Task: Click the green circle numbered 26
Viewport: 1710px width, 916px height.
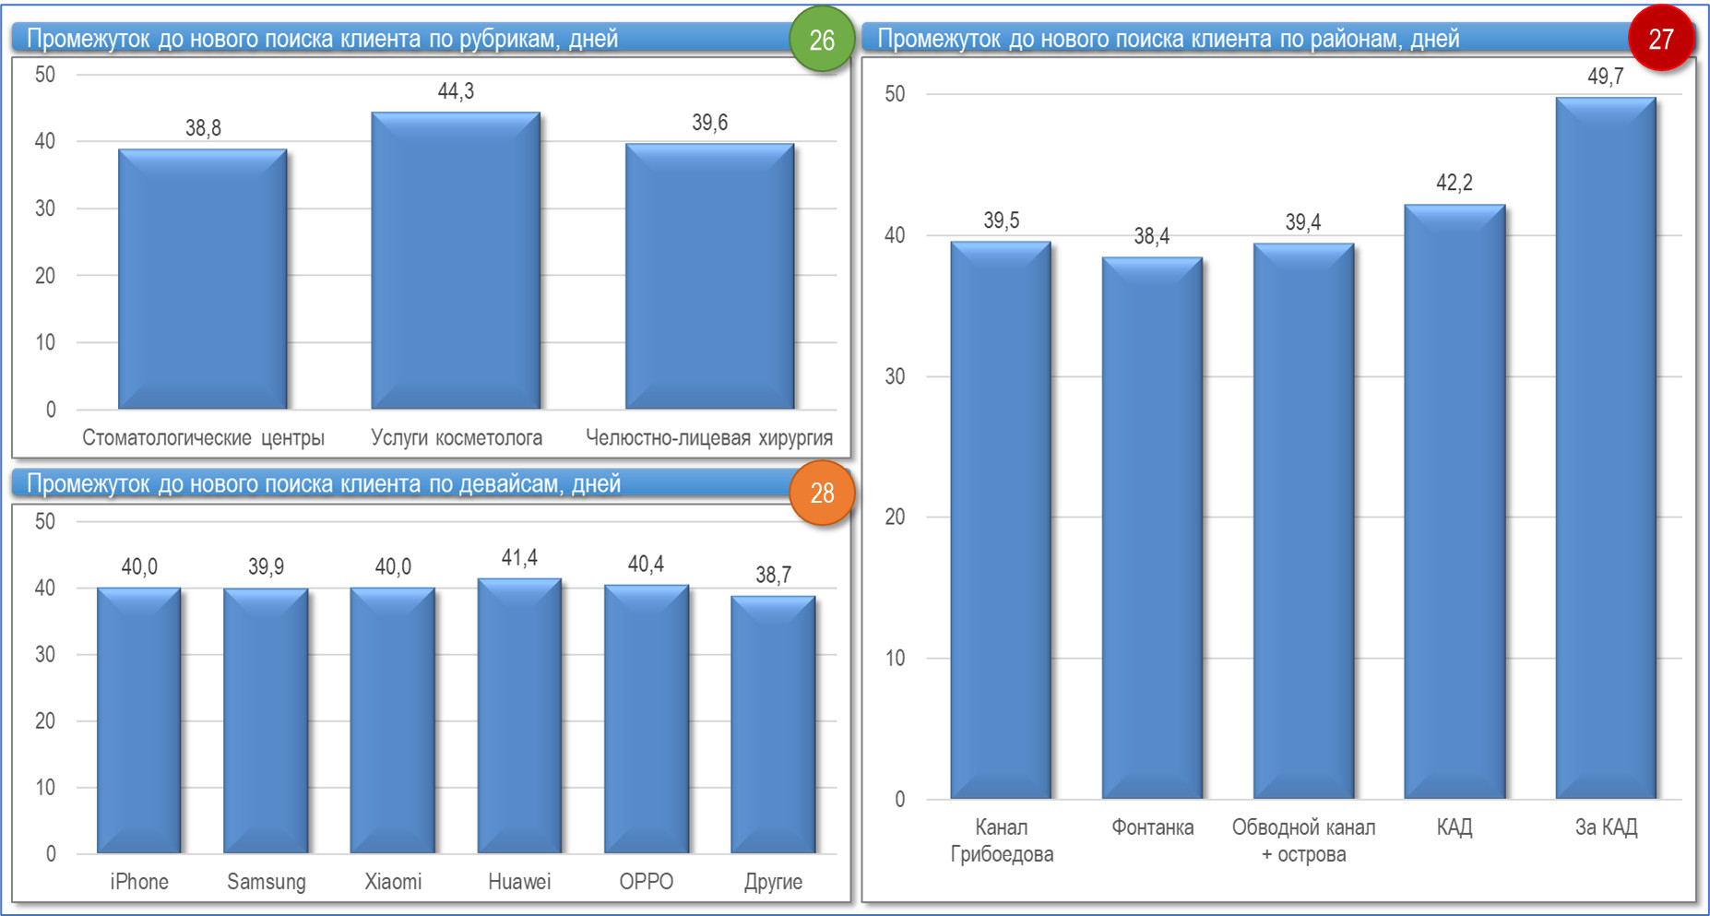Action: pyautogui.click(x=821, y=40)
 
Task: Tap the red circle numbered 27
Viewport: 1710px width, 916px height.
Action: pyautogui.click(x=1660, y=39)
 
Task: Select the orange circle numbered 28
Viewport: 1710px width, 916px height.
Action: pyautogui.click(x=822, y=493)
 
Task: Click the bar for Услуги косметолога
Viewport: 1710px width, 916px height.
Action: pyautogui.click(x=456, y=263)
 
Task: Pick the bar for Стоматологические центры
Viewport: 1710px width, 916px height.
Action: pyautogui.click(x=203, y=281)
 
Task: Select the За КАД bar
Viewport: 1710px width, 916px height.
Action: pyautogui.click(x=1606, y=452)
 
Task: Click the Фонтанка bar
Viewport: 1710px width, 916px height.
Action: pyautogui.click(x=1152, y=530)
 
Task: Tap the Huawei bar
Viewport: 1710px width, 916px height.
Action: pyautogui.click(x=519, y=718)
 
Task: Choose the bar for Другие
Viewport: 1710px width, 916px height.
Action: pyautogui.click(x=773, y=726)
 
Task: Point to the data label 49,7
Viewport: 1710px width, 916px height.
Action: pyautogui.click(x=1605, y=77)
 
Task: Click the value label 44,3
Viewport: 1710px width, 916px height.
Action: pyautogui.click(x=456, y=91)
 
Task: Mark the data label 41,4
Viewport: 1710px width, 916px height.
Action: pyautogui.click(x=519, y=558)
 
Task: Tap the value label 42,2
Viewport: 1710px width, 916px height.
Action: pyautogui.click(x=1454, y=183)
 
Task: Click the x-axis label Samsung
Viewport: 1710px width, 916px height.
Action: pyautogui.click(x=267, y=882)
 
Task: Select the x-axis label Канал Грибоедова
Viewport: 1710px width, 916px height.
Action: pyautogui.click(x=1002, y=840)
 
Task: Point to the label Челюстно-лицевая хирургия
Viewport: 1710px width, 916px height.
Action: pyautogui.click(x=709, y=438)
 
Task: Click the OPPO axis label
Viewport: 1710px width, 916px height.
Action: pyautogui.click(x=646, y=882)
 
